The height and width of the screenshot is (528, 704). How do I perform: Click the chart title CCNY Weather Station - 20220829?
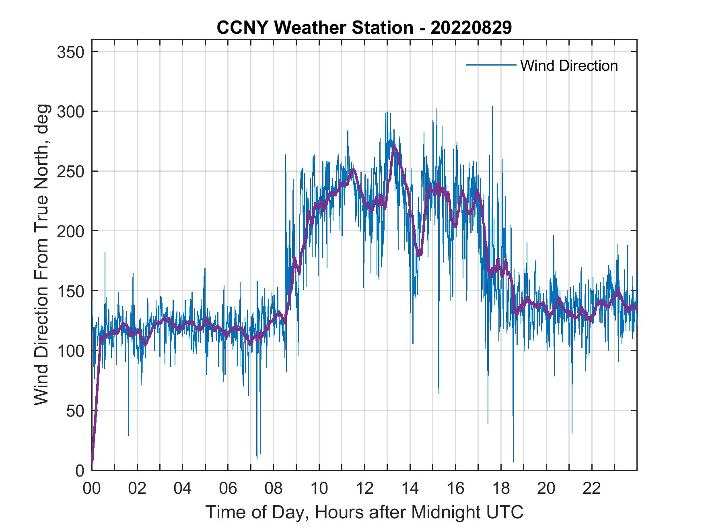364,27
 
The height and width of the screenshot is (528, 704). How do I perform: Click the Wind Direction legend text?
569,66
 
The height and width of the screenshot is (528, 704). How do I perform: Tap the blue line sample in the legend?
491,65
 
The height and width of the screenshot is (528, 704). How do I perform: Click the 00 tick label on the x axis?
92,488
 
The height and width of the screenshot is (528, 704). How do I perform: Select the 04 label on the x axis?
183,488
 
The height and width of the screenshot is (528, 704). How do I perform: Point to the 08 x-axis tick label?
274,488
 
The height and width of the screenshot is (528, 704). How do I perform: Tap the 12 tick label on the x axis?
364,488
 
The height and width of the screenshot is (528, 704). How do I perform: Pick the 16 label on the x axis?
455,488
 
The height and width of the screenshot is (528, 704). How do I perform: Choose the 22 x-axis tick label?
592,488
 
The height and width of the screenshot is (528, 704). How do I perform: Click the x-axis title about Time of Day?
364,512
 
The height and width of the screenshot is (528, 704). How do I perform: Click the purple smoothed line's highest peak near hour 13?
394,146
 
